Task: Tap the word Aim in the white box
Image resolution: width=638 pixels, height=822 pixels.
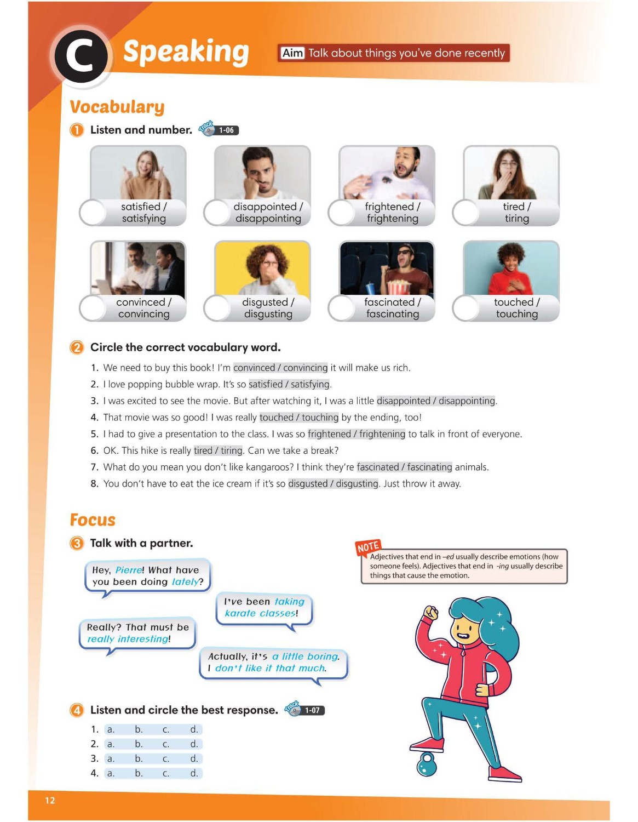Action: pos(292,53)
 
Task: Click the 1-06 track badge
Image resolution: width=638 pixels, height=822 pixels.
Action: pos(226,130)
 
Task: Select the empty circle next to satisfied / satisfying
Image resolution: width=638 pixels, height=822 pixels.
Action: pos(93,213)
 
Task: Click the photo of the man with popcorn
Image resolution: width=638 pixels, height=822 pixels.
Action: pos(387,269)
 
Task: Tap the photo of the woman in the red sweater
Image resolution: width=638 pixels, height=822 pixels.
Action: pos(511,269)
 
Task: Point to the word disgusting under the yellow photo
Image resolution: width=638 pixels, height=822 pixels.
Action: pos(268,314)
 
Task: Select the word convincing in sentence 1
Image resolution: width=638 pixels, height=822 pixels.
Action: pos(305,368)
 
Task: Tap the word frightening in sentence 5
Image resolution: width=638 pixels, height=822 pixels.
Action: pos(382,434)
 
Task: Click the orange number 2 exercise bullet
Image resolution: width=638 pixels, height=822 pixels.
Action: pos(77,347)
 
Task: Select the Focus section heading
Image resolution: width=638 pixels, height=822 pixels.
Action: pos(93,520)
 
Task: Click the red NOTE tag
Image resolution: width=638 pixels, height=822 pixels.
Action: pos(368,547)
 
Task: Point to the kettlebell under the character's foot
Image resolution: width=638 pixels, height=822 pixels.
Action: pos(427,764)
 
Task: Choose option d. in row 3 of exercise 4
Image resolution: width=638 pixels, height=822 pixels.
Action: pos(194,758)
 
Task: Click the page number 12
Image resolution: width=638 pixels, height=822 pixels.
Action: pos(50,800)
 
